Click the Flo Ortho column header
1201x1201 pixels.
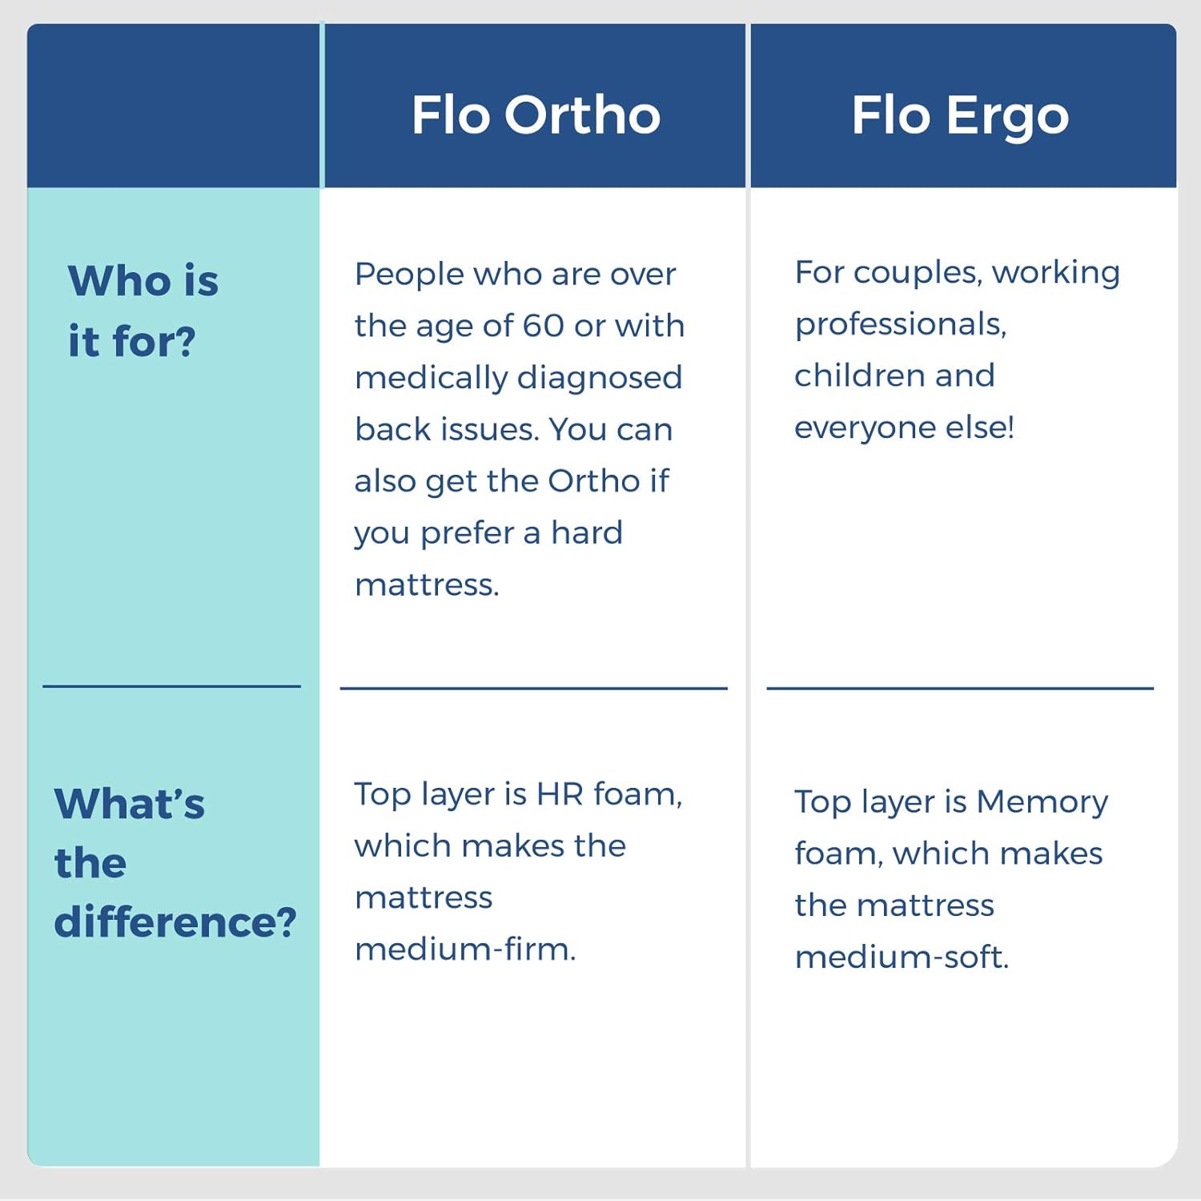point(536,114)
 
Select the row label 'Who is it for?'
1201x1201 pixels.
point(143,311)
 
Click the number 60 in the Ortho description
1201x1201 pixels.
point(544,326)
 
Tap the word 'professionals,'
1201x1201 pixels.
point(900,324)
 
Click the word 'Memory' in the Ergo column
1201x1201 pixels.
point(1042,801)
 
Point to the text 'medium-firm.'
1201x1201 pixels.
point(465,950)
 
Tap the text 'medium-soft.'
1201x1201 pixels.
point(902,958)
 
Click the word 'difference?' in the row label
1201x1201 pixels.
point(175,922)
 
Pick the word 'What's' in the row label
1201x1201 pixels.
point(130,804)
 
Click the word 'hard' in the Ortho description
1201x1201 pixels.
point(586,533)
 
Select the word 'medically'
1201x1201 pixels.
point(426,378)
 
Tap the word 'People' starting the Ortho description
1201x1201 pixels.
point(409,275)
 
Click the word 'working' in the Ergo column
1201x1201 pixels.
point(1055,273)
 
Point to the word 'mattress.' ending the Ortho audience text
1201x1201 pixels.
point(427,585)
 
